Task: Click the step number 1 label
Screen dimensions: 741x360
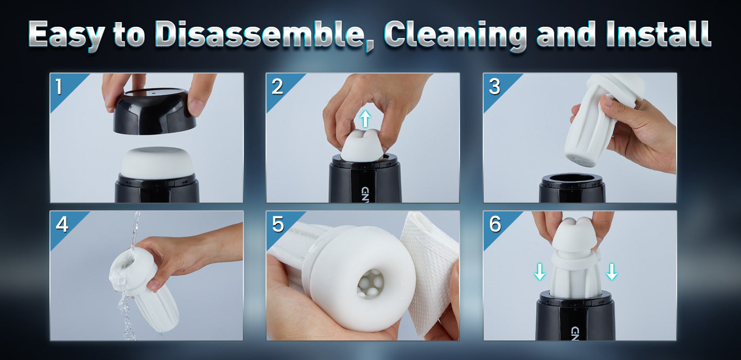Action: coord(59,86)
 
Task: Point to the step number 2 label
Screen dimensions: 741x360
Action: coord(277,86)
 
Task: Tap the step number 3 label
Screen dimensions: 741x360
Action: coord(495,86)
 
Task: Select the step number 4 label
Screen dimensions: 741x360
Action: coord(62,224)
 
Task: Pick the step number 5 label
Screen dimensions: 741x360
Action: coord(278,224)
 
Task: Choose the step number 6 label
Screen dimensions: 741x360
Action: coord(495,224)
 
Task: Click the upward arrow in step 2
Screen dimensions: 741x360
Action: coord(365,119)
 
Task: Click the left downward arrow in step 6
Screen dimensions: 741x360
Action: coord(540,272)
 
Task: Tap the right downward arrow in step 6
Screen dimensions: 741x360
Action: coord(612,272)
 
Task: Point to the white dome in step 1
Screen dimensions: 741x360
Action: coord(157,163)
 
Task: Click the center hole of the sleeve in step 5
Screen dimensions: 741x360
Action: coord(370,284)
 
